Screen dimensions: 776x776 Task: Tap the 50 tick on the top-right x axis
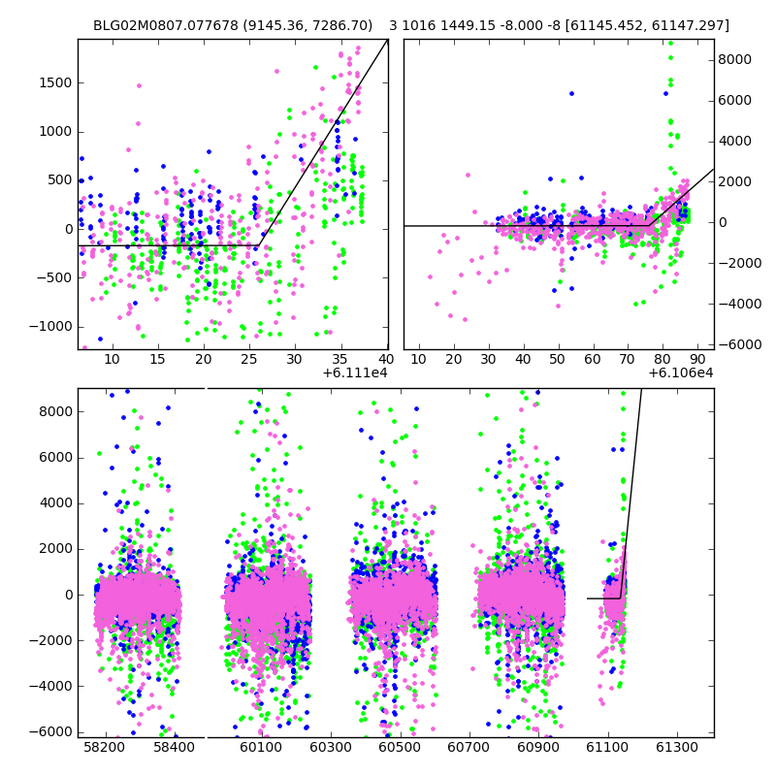[x=558, y=360]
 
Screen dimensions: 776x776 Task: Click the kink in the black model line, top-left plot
[x=258, y=246]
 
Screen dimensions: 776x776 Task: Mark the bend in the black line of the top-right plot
[x=650, y=226]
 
